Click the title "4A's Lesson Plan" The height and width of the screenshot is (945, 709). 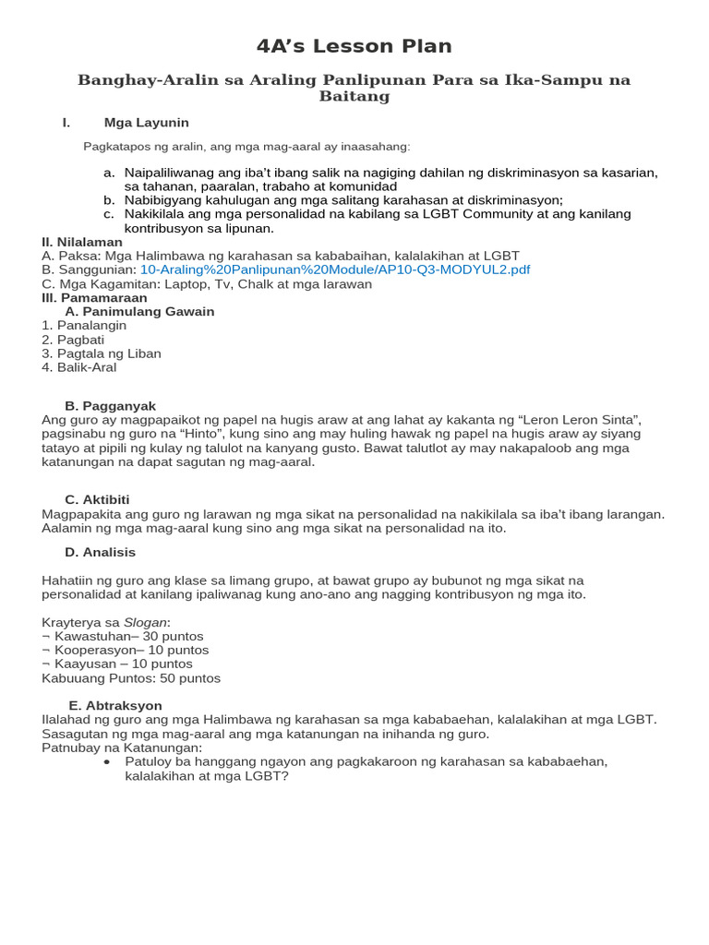pos(354,46)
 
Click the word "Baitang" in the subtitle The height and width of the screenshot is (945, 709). pos(354,96)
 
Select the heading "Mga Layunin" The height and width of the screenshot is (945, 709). pos(146,123)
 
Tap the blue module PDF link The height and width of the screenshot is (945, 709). pos(334,269)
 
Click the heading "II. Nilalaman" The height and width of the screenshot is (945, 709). pos(81,242)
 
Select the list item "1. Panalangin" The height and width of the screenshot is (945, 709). pos(84,326)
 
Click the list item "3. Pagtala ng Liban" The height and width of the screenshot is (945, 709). pos(101,353)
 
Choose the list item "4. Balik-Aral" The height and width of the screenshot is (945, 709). pos(78,367)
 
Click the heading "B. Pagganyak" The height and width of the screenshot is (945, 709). pos(110,406)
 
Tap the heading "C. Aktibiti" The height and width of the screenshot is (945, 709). pos(97,499)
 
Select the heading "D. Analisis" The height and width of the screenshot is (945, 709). pos(100,552)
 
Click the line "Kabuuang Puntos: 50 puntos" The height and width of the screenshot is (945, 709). pos(131,677)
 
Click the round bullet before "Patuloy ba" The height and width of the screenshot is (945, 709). pos(107,762)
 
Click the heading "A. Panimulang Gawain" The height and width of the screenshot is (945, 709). pos(139,312)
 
